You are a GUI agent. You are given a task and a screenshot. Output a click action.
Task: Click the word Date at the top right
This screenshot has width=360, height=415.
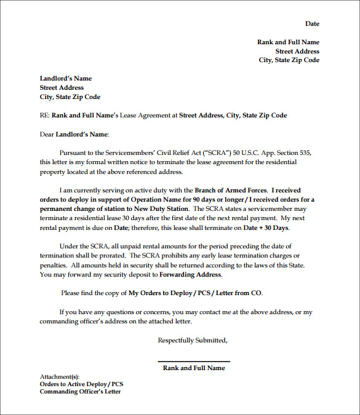tap(312, 24)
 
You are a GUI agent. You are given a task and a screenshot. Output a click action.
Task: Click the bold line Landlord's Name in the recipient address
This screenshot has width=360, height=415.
tap(66, 79)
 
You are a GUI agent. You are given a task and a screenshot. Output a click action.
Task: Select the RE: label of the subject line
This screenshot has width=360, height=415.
tap(44, 115)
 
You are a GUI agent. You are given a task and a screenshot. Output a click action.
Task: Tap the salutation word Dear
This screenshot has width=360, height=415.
tap(47, 133)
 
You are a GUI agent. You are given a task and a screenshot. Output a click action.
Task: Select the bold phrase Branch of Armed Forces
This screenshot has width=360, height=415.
tap(231, 191)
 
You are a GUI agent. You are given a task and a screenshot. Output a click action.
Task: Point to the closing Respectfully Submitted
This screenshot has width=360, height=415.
tap(193, 340)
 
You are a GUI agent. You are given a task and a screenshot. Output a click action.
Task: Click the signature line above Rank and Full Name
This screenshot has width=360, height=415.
tap(194, 362)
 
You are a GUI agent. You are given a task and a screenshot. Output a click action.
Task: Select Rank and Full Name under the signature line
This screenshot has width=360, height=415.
tap(194, 368)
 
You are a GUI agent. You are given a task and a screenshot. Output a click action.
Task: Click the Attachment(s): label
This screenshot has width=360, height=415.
tap(60, 376)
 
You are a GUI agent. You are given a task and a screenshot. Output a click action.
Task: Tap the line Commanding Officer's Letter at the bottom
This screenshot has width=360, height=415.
tap(81, 392)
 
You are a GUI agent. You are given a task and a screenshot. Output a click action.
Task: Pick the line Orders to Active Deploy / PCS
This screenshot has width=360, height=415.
tap(82, 384)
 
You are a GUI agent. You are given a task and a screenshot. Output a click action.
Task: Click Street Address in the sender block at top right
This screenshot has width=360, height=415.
tap(297, 52)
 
